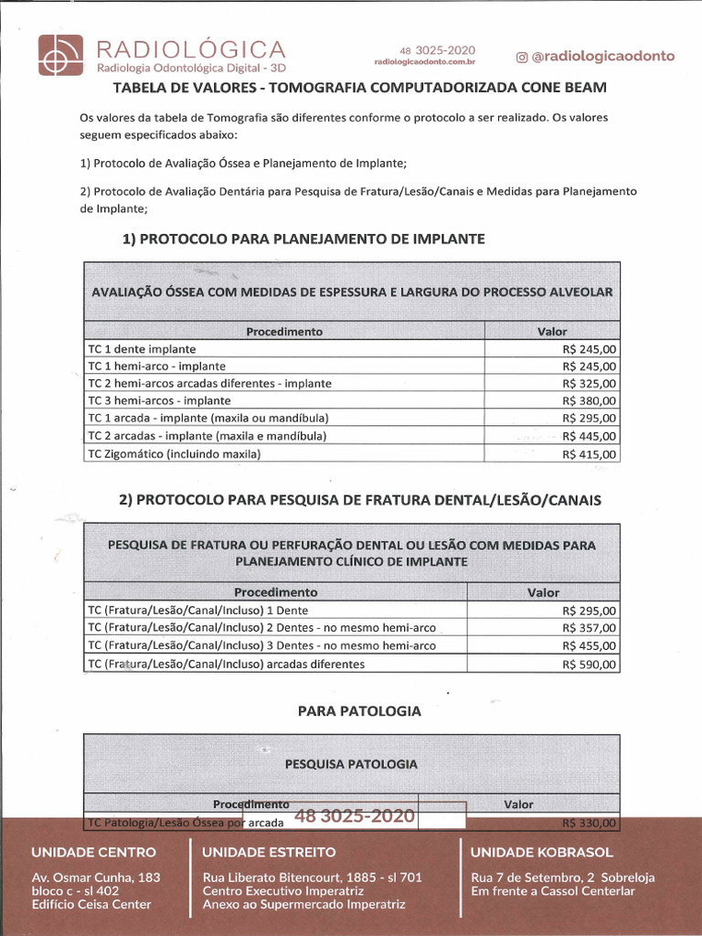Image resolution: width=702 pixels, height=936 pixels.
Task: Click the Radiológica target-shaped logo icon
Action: coord(60,56)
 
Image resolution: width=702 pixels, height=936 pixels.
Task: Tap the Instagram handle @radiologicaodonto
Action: coord(596,56)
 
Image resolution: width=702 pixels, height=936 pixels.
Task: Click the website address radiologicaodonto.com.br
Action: coord(424,62)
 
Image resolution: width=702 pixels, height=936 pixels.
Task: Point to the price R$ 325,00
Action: coord(590,384)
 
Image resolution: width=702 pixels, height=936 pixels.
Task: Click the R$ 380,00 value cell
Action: coord(590,401)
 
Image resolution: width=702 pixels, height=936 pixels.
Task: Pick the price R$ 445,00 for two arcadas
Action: coord(590,436)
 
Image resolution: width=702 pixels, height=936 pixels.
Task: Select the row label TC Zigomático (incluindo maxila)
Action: coord(174,454)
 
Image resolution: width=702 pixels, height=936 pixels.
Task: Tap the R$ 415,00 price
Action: coord(590,454)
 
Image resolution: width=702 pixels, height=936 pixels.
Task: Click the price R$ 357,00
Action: coord(590,628)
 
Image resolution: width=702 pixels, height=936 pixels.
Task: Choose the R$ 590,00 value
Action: coord(590,665)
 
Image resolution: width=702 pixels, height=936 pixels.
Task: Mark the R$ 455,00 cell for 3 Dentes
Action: coord(590,646)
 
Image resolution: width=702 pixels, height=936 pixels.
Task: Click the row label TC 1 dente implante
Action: coord(142,349)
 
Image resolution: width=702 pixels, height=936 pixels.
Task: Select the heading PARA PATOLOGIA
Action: coord(359,710)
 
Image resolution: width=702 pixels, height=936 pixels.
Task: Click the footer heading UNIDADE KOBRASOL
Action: coord(541,852)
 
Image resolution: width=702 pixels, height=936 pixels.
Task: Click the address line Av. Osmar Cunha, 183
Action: coord(96,877)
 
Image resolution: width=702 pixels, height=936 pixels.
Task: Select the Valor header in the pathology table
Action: coord(518,804)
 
